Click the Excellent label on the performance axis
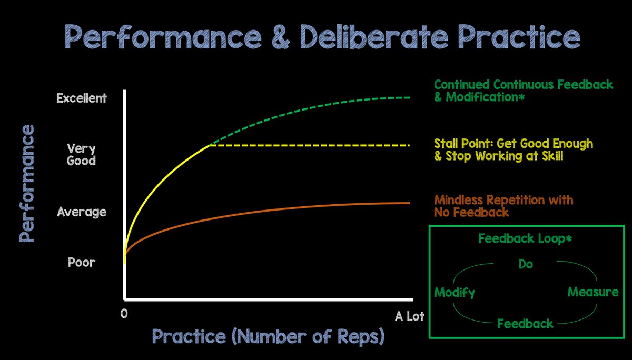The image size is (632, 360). click(x=82, y=98)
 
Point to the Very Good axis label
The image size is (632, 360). click(x=81, y=155)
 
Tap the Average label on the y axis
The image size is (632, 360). click(x=82, y=212)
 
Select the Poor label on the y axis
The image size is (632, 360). click(x=82, y=263)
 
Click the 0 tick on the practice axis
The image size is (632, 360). click(x=124, y=314)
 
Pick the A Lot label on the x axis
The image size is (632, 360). click(x=410, y=316)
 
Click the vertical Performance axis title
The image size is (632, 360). click(x=27, y=183)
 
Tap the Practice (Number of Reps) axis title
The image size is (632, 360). click(x=268, y=336)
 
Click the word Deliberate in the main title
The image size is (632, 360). click(x=374, y=37)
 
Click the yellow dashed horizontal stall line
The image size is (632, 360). click(x=310, y=145)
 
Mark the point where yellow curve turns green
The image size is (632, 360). click(x=210, y=145)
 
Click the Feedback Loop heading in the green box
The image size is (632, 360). click(x=525, y=239)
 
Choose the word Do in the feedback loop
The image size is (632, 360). click(x=526, y=264)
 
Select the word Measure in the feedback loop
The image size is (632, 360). click(x=593, y=292)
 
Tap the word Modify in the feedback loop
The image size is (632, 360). click(x=455, y=293)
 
